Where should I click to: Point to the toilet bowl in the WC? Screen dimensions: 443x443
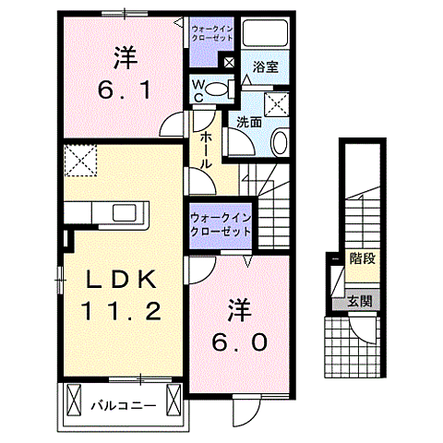point(216,90)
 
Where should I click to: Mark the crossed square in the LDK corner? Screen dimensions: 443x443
point(80,162)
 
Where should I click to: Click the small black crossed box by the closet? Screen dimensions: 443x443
point(228,62)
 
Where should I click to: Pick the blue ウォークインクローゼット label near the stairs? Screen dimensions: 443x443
point(220,222)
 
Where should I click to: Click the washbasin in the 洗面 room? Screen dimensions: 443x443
point(281,141)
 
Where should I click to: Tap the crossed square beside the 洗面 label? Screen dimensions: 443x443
point(276,102)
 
